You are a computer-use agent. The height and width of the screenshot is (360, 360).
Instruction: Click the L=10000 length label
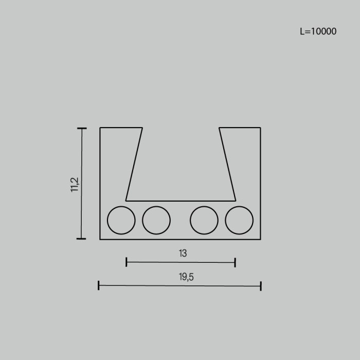pyautogui.click(x=318, y=31)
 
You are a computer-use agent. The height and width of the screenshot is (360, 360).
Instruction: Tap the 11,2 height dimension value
pyautogui.click(x=75, y=184)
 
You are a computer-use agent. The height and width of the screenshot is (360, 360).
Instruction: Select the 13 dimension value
pyautogui.click(x=183, y=253)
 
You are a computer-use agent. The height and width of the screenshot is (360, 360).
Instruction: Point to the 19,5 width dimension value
pyautogui.click(x=186, y=277)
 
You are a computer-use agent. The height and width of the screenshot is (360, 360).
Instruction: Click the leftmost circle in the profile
pyautogui.click(x=121, y=220)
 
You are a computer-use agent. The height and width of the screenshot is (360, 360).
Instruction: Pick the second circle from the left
pyautogui.click(x=156, y=220)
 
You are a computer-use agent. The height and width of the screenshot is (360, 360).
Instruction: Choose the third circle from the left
pyautogui.click(x=204, y=220)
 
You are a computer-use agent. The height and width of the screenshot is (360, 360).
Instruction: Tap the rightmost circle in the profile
pyautogui.click(x=239, y=220)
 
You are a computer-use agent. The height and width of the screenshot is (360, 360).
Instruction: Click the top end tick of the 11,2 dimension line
pyautogui.click(x=81, y=129)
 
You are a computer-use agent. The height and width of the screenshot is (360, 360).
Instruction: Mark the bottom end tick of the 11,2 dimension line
pyautogui.click(x=81, y=239)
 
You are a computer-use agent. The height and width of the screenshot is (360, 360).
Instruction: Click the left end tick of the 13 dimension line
pyautogui.click(x=127, y=262)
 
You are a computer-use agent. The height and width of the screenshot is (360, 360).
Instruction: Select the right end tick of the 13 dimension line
pyautogui.click(x=235, y=262)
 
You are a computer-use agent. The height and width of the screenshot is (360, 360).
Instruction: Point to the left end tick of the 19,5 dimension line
pyautogui.click(x=99, y=285)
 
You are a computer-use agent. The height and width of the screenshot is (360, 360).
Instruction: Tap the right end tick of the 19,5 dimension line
pyautogui.click(x=261, y=285)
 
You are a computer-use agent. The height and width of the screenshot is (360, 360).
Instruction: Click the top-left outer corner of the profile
pyautogui.click(x=100, y=128)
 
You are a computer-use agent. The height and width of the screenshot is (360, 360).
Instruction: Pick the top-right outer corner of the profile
pyautogui.click(x=260, y=128)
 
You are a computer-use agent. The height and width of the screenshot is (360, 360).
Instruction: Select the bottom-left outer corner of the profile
pyautogui.click(x=100, y=239)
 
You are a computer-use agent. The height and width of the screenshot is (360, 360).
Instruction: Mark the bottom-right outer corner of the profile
pyautogui.click(x=260, y=239)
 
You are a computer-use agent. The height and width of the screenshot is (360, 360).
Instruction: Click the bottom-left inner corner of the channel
pyautogui.click(x=126, y=200)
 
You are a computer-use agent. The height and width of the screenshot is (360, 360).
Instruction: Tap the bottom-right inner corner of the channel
pyautogui.click(x=236, y=200)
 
